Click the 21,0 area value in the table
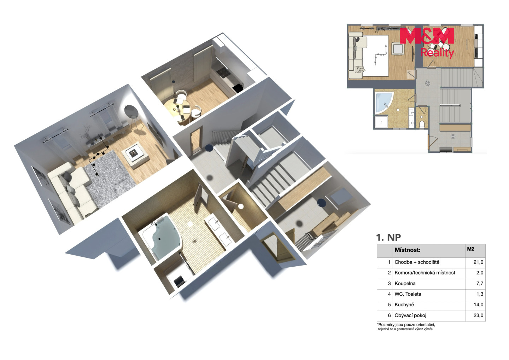pos(478,262)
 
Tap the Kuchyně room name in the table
pos(404,304)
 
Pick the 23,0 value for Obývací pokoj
pos(478,315)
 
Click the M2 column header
pos(470,249)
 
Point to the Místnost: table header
pos(408,250)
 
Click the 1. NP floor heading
pos(388,238)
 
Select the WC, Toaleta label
pos(408,294)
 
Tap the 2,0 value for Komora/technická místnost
pos(480,273)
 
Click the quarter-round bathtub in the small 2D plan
pos(383,103)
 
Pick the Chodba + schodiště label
pos(417,262)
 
